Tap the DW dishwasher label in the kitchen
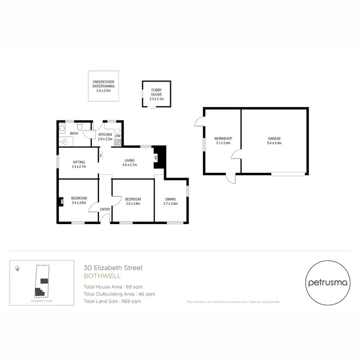(x=118, y=136)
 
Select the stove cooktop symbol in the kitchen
(x=118, y=142)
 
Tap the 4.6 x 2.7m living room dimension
(x=130, y=165)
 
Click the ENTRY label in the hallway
(x=105, y=209)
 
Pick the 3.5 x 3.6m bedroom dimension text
(x=132, y=204)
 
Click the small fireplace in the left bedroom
(x=62, y=202)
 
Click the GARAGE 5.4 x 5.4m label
(x=274, y=141)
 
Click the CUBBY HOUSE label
(x=156, y=92)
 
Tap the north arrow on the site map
(x=17, y=268)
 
